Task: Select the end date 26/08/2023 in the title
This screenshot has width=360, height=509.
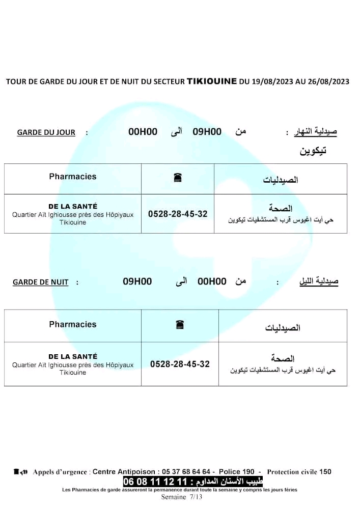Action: coord(328,81)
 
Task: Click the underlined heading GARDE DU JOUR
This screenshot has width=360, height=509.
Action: coord(46,132)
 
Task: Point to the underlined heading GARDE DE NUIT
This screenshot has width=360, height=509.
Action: coord(41,282)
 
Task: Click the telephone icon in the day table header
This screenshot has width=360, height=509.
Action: coord(178,178)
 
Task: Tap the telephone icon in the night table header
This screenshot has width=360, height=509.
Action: coord(179,325)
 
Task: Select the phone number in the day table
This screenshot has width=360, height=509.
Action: coord(178,214)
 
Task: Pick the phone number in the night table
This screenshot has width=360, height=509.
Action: coord(180,364)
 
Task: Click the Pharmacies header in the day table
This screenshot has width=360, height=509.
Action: coord(73,177)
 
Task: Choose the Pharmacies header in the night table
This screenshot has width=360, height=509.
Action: coord(73,324)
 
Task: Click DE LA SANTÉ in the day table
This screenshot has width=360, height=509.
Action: coord(73,206)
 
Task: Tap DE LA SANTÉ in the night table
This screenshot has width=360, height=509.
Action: coord(73,356)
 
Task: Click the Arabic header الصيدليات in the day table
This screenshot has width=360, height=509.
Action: coord(281,180)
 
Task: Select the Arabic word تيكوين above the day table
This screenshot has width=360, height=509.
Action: coord(313,151)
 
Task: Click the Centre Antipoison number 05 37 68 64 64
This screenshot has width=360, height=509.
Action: coord(187,472)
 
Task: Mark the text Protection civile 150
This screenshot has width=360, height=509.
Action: coord(299,472)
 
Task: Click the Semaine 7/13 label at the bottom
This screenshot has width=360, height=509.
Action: coord(182,497)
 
